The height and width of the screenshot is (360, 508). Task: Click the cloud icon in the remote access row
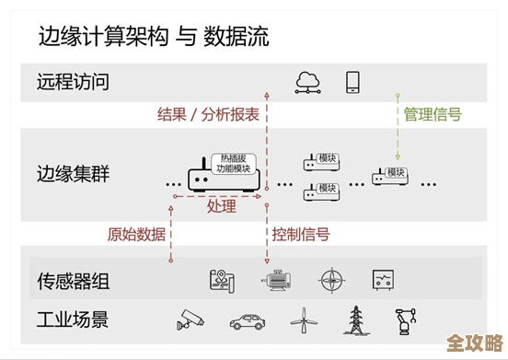click(306, 82)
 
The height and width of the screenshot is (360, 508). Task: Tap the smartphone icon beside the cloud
click(352, 81)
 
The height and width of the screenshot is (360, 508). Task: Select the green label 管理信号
click(433, 115)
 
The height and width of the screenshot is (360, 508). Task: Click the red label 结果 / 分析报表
click(209, 115)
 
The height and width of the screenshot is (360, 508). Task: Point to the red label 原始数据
click(137, 234)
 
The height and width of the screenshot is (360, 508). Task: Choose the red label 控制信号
click(301, 234)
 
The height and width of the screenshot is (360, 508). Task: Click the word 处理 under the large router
click(222, 206)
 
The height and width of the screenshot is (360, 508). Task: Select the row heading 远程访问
click(73, 82)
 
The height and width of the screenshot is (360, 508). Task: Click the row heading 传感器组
click(73, 281)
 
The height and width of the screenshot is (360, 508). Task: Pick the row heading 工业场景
click(73, 320)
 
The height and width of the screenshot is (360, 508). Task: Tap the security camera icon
click(190, 319)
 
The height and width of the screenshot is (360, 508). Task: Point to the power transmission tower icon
click(353, 319)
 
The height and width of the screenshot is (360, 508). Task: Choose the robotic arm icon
click(404, 319)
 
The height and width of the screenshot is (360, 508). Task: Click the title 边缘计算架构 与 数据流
click(154, 38)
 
